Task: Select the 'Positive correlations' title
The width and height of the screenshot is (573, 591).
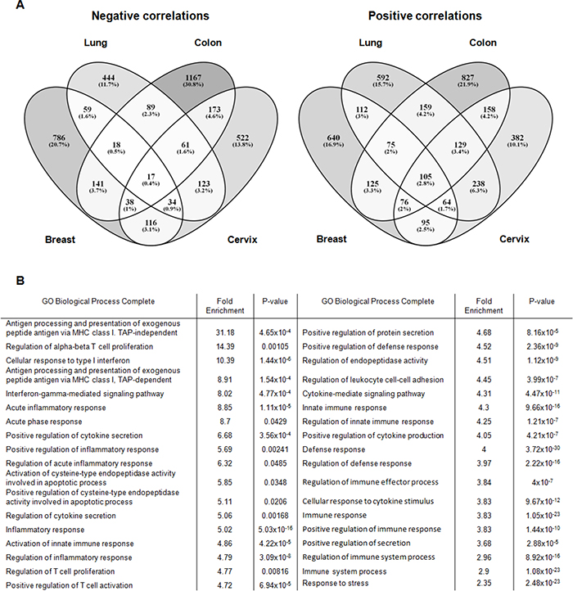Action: click(426, 16)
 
